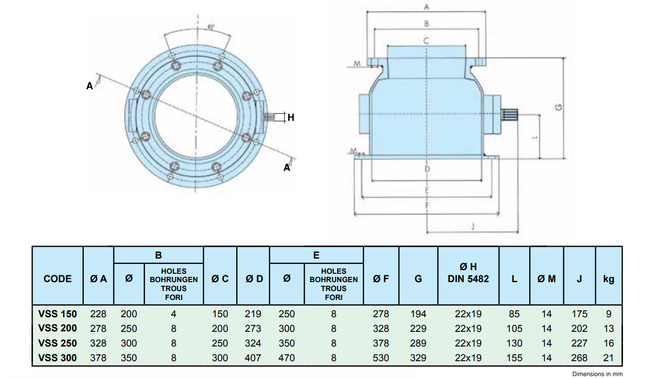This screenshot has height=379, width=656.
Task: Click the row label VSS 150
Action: pos(58,314)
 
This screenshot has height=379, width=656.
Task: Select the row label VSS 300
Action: pos(58,358)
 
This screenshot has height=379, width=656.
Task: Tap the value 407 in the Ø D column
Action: pos(253,358)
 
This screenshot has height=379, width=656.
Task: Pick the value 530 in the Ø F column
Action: pos(381,358)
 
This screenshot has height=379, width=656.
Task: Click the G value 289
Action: pos(418,343)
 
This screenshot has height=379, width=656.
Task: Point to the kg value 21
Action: pos(608,358)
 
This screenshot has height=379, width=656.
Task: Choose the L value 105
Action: pos(514,329)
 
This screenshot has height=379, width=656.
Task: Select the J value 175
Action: pos(579,314)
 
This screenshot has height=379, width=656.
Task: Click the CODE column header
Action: pos(58,279)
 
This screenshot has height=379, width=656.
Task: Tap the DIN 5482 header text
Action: pos(468,279)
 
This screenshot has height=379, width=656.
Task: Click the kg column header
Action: pos(608,279)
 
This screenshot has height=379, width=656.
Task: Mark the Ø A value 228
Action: pos(98,314)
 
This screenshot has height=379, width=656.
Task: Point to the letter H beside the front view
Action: pos(291,118)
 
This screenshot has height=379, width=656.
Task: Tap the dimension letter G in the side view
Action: pos(558,107)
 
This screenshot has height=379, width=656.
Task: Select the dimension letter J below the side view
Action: pos(473,226)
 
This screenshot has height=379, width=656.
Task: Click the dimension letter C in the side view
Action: pos(426,40)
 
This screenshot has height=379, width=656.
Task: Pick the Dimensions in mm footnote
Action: pos(597,374)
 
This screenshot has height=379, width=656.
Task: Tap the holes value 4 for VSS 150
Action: pos(174,314)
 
